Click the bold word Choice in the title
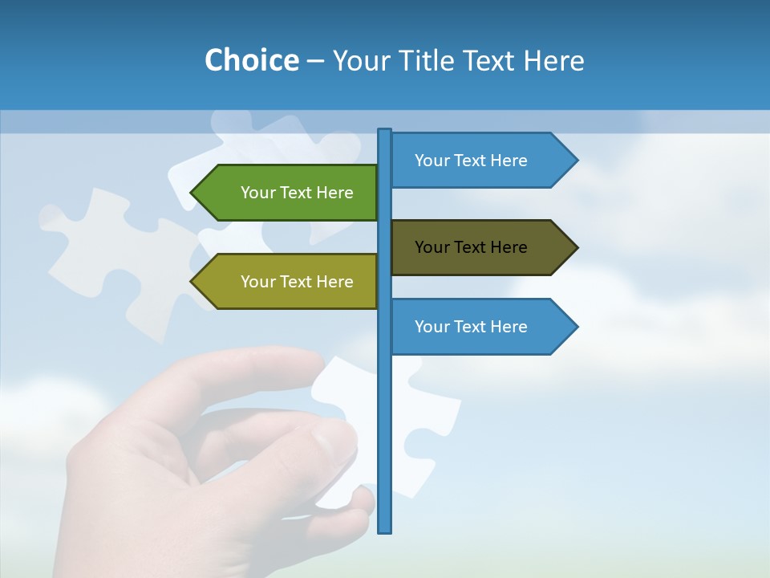(x=251, y=60)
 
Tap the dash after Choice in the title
(x=315, y=61)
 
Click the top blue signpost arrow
(x=481, y=161)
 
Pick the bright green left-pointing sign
(x=289, y=193)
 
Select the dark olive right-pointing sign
(x=481, y=247)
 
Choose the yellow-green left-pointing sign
(x=289, y=282)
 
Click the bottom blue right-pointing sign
(x=481, y=327)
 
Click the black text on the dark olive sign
(x=471, y=247)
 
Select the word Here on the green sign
(x=334, y=193)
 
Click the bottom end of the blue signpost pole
(x=385, y=529)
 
